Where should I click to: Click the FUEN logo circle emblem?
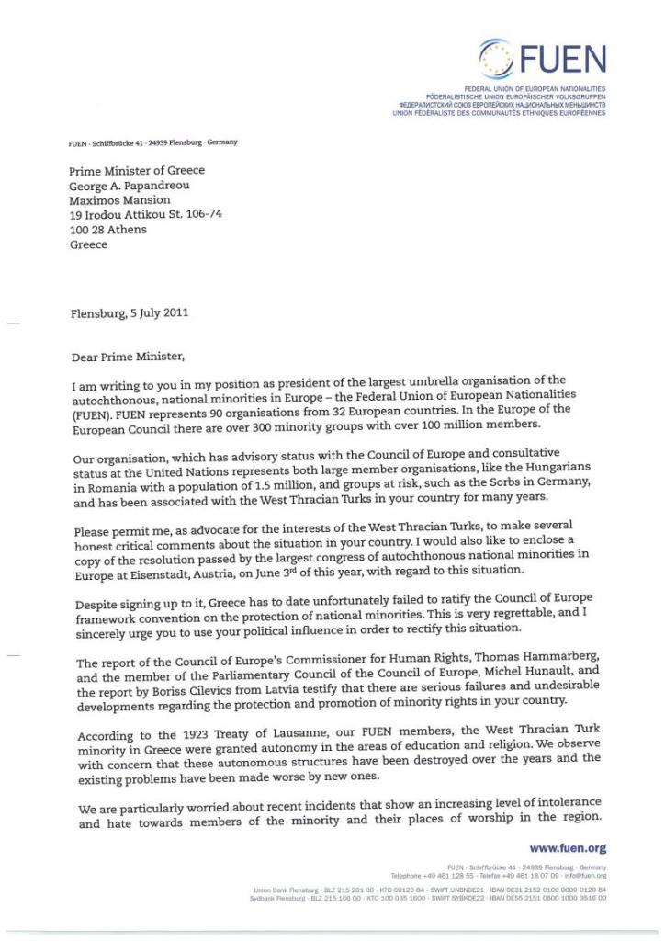[x=498, y=58]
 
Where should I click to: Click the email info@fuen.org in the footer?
[x=588, y=875]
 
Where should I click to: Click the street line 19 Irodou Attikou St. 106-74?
[x=145, y=214]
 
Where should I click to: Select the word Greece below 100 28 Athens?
[x=89, y=244]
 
